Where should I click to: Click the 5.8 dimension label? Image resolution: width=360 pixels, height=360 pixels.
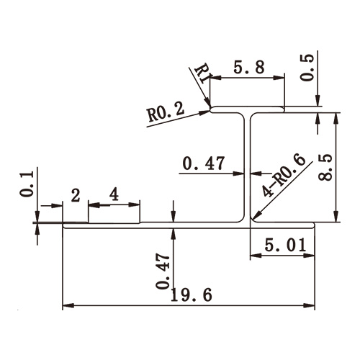(249, 68)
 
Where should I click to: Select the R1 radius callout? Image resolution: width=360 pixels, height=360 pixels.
(202, 75)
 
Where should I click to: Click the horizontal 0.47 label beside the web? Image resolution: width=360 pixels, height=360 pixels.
(202, 164)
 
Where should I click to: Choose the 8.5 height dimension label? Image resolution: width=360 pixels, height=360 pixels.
(348, 167)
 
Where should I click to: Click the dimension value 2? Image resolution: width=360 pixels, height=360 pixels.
(75, 194)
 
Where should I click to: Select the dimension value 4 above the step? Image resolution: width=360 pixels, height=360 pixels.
(114, 194)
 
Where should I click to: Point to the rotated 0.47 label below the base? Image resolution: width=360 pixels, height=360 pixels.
(163, 271)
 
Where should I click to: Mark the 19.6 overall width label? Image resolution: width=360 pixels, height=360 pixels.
(190, 295)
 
